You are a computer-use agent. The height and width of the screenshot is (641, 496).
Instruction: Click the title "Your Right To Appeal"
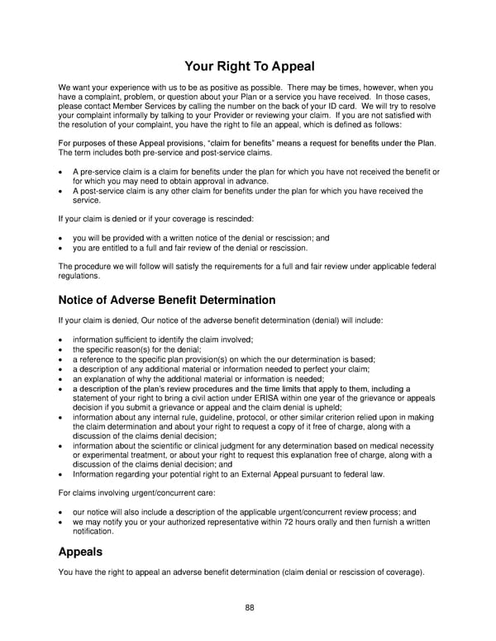(248, 65)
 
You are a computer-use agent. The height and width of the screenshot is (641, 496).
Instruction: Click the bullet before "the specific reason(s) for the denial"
(62, 349)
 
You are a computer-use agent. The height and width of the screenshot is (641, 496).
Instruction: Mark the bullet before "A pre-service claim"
(62, 171)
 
